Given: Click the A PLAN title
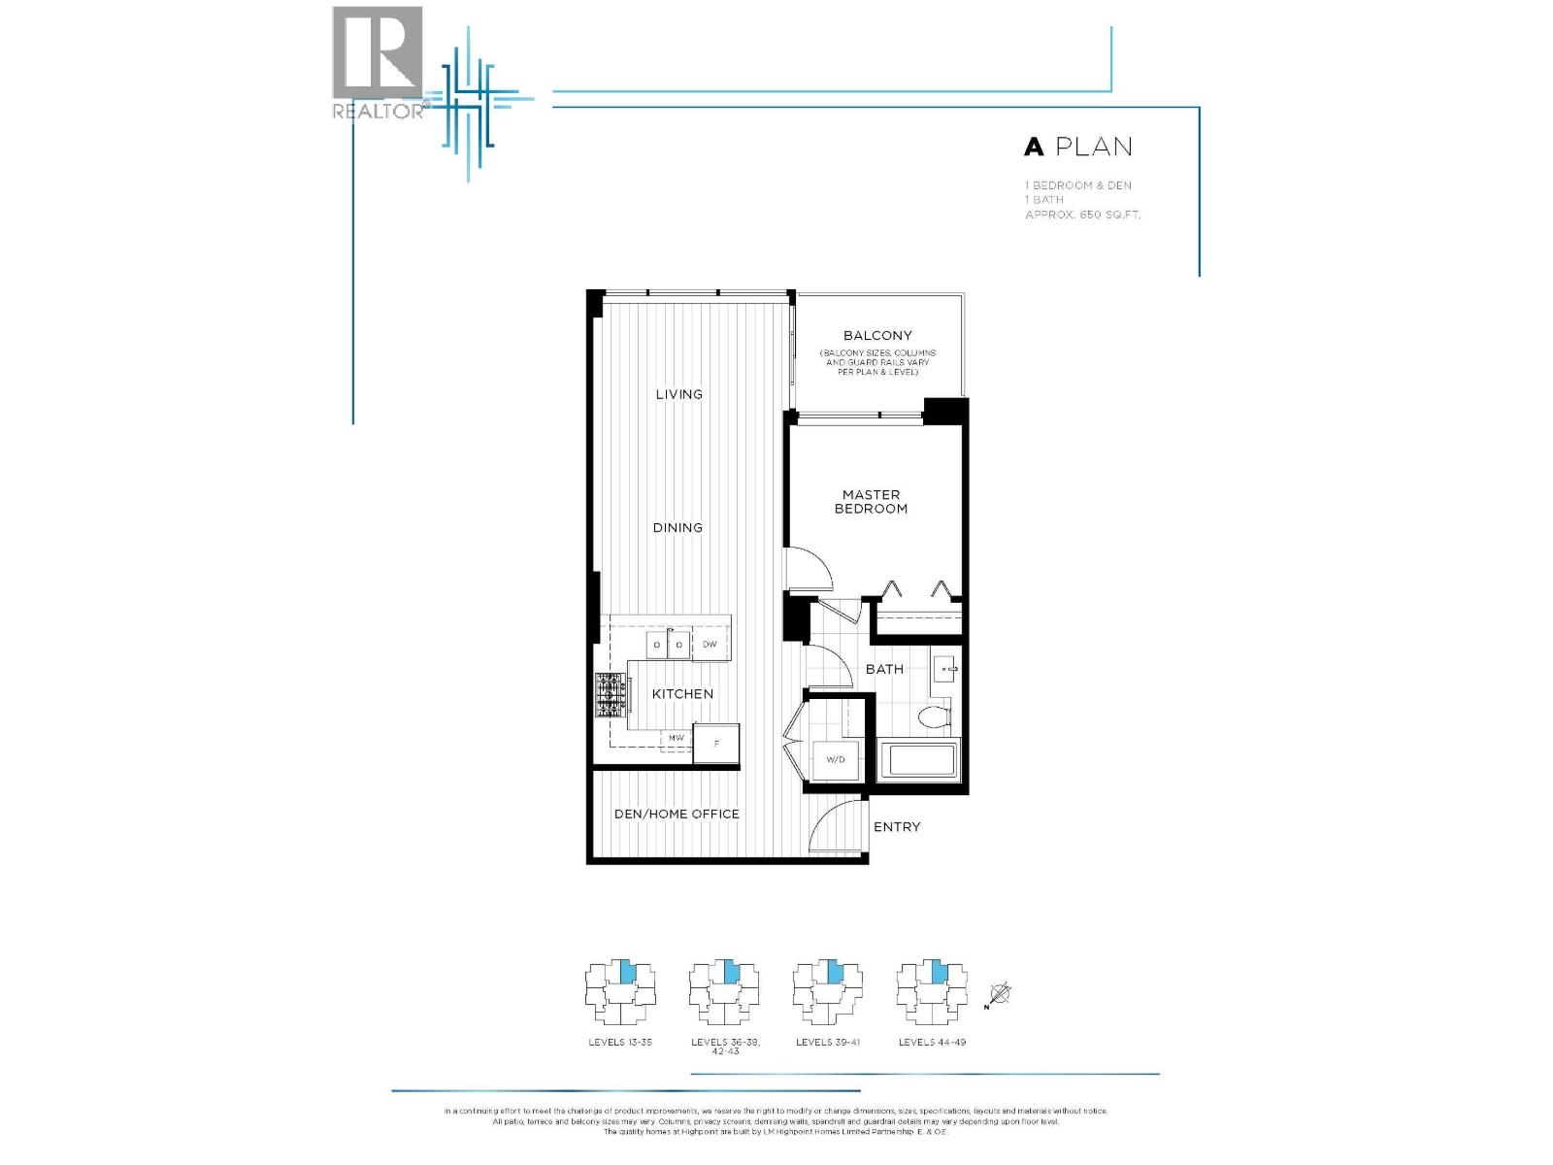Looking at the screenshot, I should click(x=1078, y=147).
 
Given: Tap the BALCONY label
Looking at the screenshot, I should click(x=876, y=335).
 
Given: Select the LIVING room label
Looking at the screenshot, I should click(x=678, y=394).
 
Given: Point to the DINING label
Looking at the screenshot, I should click(x=677, y=527).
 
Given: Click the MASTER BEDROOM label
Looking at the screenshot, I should click(x=871, y=502).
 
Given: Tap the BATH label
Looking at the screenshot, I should click(x=884, y=669).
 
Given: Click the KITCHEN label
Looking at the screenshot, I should click(x=682, y=694).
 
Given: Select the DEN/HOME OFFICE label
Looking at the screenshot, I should click(x=677, y=814).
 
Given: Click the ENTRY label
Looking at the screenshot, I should click(x=896, y=827).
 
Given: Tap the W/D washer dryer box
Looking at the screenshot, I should click(x=835, y=760).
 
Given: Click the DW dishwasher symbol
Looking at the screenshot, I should click(x=710, y=645).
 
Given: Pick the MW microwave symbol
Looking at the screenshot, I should click(x=677, y=739).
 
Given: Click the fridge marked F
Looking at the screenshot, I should click(x=716, y=744).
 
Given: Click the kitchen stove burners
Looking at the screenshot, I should click(x=611, y=695).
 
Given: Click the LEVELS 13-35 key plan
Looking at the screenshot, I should click(x=620, y=991).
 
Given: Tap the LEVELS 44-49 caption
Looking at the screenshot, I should click(x=932, y=1042).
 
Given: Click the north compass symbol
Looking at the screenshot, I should click(x=1000, y=994).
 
